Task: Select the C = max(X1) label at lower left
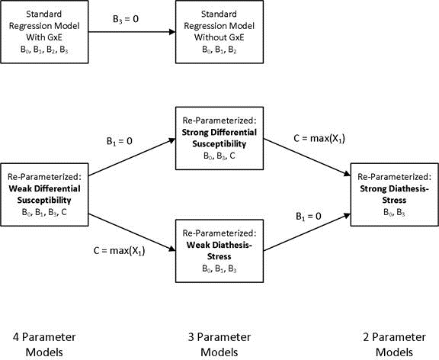[122, 249]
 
